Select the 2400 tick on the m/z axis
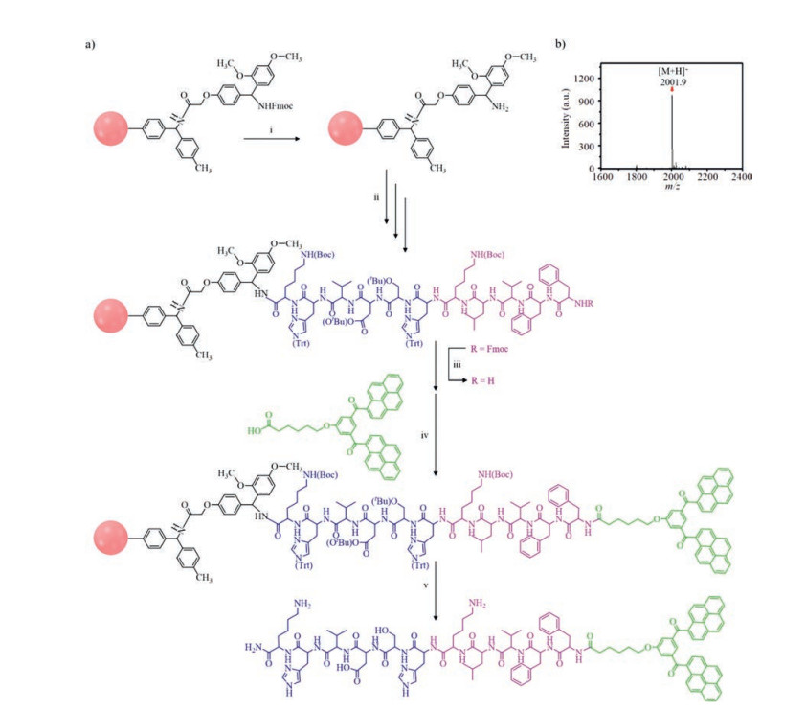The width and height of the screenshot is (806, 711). click(x=740, y=176)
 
